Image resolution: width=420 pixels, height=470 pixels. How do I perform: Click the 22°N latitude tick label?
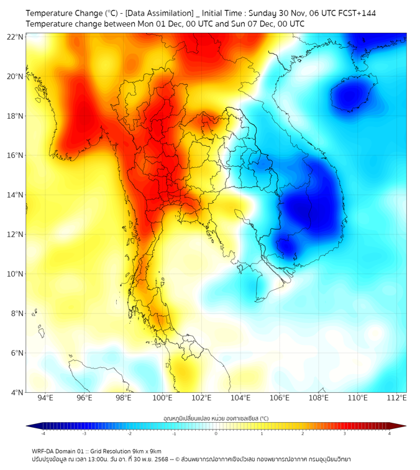[x=15, y=37]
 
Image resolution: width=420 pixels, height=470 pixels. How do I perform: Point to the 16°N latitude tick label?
[x=15, y=155]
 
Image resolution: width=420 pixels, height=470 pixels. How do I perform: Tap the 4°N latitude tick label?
[x=17, y=392]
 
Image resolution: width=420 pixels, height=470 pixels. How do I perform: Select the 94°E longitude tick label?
[x=45, y=399]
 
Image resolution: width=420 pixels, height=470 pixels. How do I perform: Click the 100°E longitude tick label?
[x=163, y=399]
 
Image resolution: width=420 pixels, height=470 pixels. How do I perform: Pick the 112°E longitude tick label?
[x=397, y=399]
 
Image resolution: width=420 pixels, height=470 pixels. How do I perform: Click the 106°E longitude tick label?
[x=280, y=399]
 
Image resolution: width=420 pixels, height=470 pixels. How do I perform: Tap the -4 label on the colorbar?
[x=42, y=433]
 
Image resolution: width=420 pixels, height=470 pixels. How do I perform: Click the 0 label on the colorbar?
[x=216, y=433]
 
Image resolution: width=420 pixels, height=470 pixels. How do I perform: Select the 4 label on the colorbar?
[x=390, y=433]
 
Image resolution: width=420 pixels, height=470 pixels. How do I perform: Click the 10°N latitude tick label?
[x=15, y=274]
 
